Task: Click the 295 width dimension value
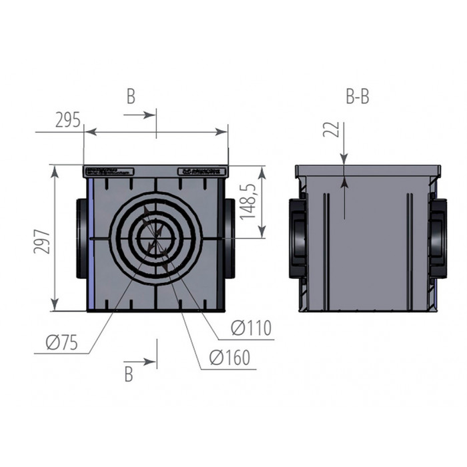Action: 67,121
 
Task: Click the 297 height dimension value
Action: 41,238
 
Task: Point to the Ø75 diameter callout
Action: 61,343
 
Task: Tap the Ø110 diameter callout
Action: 251,328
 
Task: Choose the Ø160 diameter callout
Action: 229,358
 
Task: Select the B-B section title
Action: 358,97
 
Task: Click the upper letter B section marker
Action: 131,97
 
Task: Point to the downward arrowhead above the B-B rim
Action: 344,159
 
